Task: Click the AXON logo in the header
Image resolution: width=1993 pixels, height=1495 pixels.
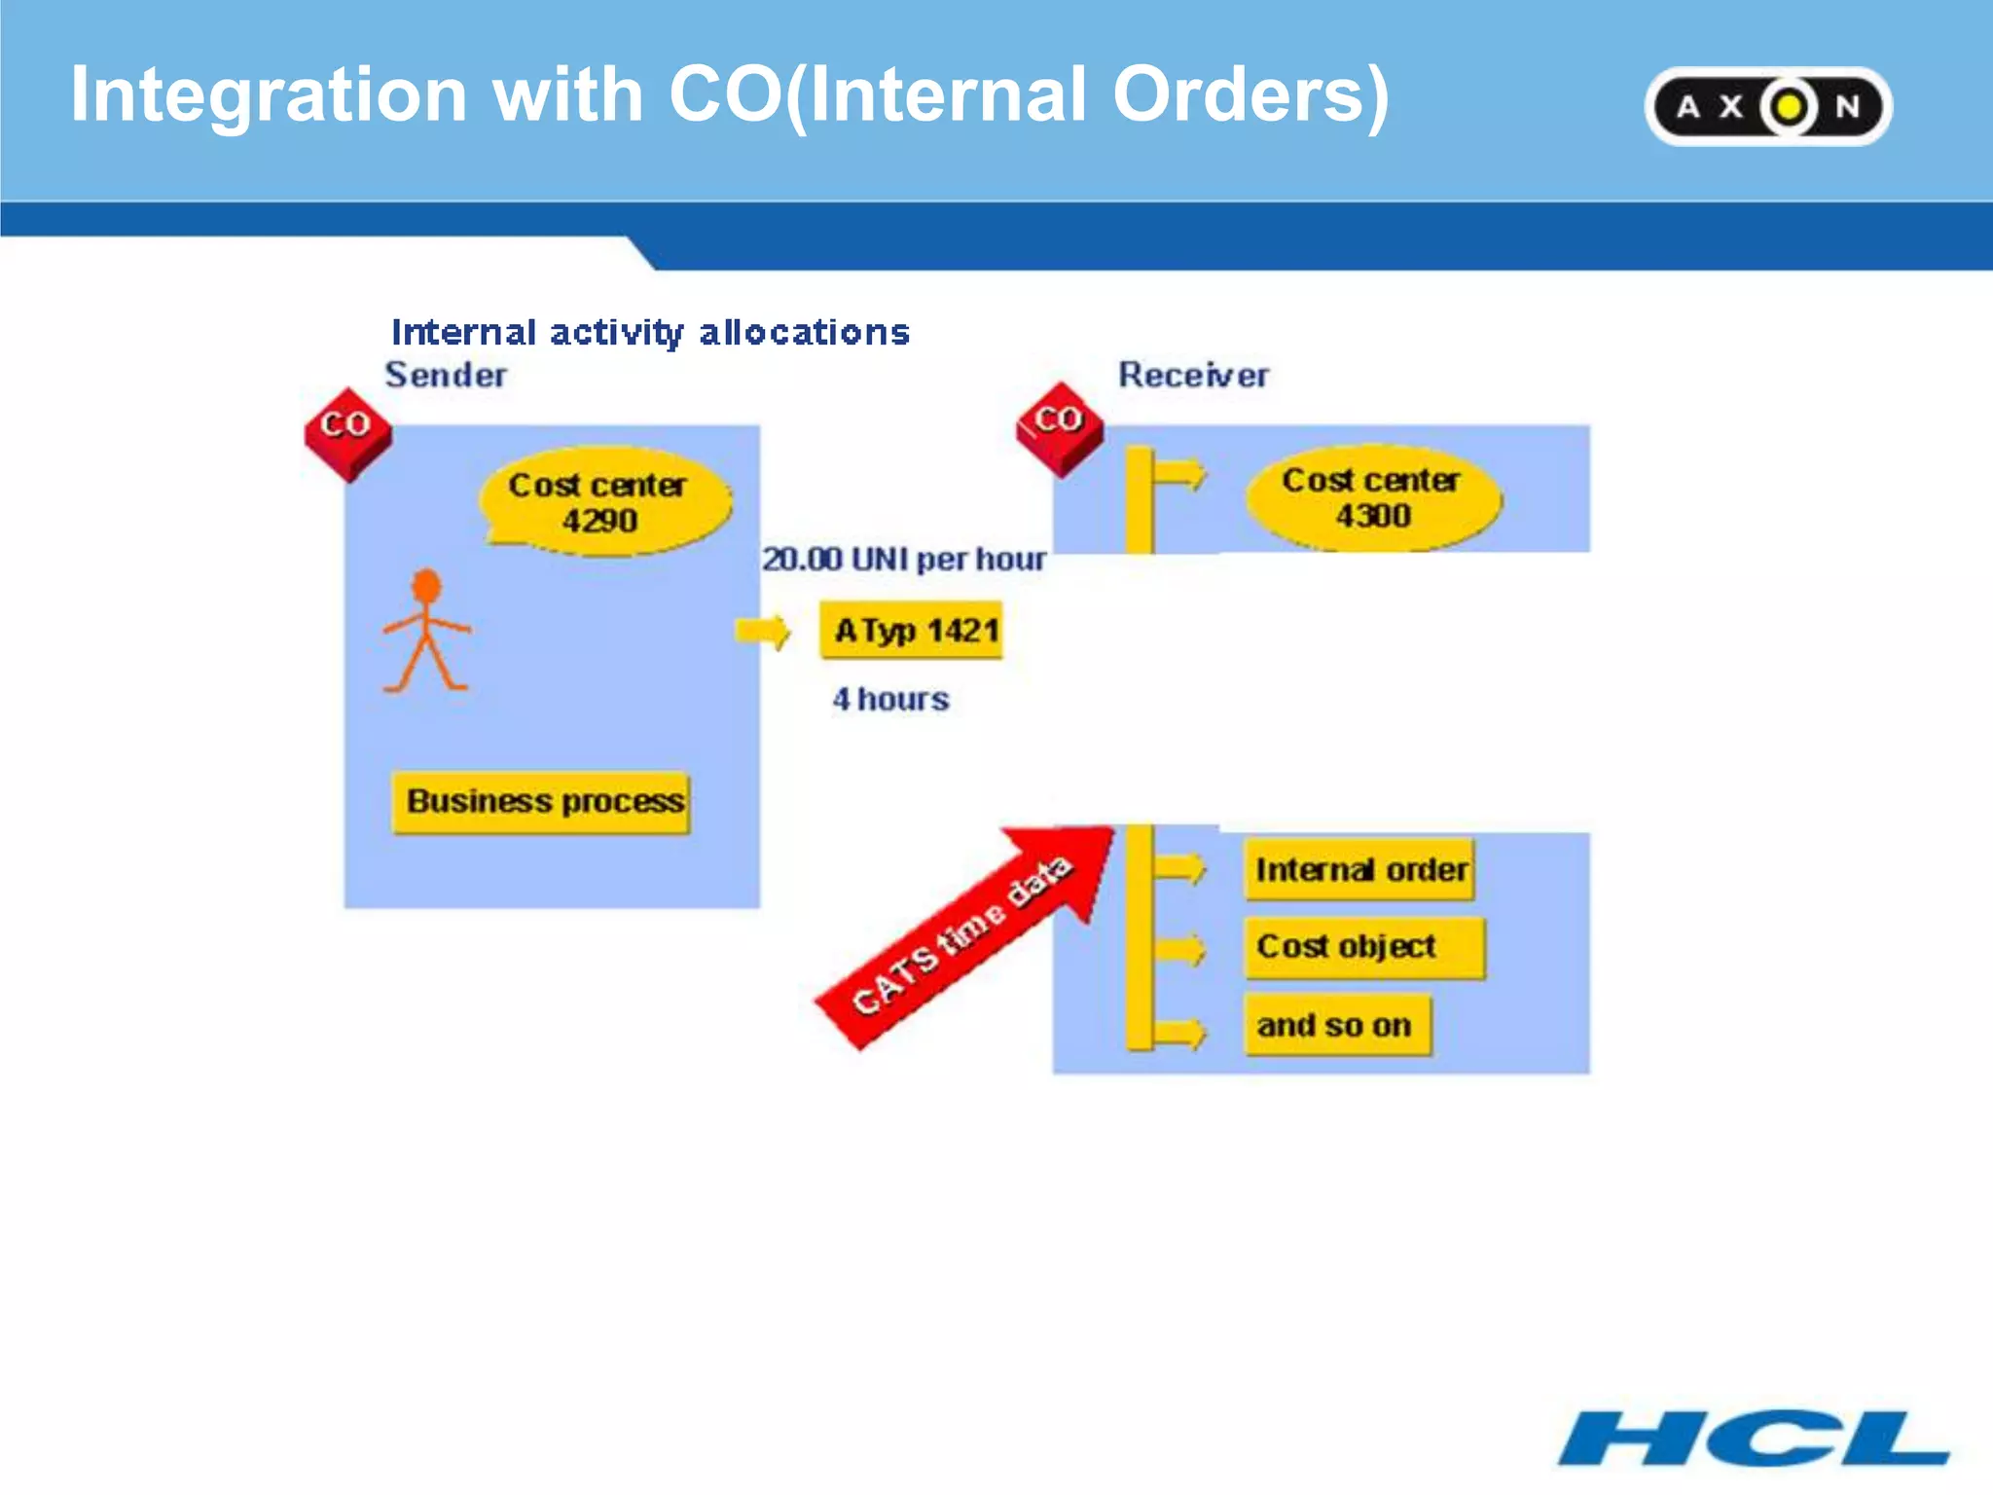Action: click(1767, 106)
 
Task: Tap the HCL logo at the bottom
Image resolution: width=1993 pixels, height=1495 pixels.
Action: click(1753, 1438)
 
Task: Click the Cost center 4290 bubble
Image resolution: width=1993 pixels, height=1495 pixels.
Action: click(603, 502)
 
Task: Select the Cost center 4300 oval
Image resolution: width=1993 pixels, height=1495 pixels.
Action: click(1372, 498)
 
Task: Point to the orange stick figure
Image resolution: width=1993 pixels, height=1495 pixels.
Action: click(426, 633)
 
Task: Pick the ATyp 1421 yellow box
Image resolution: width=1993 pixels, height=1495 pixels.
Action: click(912, 631)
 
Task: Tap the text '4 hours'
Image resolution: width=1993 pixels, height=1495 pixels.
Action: click(890, 699)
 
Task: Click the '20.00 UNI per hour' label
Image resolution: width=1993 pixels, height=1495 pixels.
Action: click(903, 560)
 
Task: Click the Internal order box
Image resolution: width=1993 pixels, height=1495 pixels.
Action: click(1359, 869)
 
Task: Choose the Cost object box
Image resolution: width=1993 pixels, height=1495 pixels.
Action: click(1362, 947)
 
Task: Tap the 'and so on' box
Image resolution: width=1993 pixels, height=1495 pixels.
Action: click(1336, 1025)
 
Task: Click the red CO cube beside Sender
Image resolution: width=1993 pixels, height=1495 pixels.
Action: click(347, 433)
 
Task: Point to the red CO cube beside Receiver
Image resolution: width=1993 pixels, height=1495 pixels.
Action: click(1060, 427)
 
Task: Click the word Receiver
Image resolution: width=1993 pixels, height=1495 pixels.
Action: click(1192, 376)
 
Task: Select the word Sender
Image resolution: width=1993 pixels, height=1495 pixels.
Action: click(446, 376)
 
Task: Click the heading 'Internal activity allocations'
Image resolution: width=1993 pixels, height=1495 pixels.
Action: click(650, 333)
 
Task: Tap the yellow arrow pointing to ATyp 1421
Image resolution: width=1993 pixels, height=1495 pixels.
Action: click(763, 632)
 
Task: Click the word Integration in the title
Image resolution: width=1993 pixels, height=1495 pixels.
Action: click(269, 94)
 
